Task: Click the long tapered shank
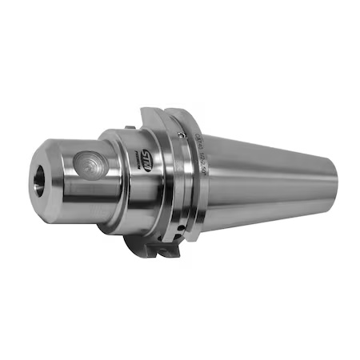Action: point(272,180)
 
